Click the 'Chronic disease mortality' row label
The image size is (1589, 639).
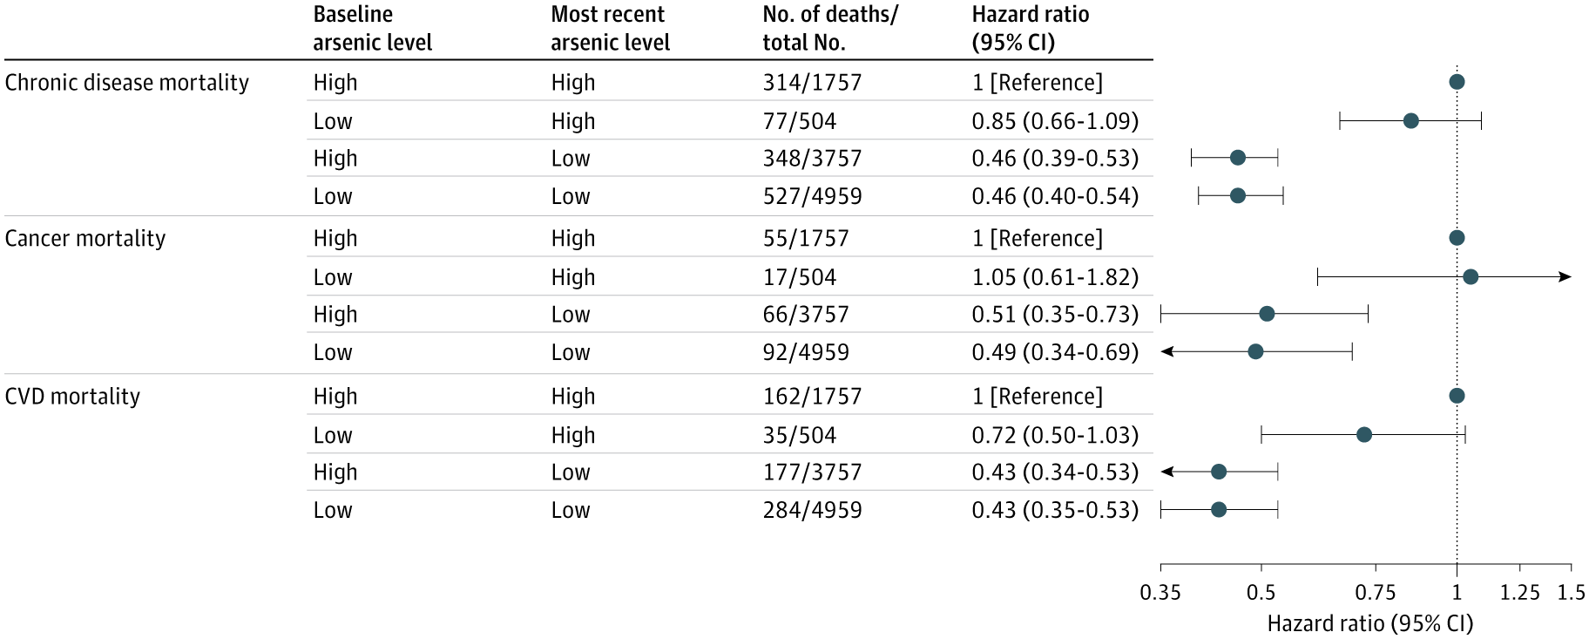click(127, 83)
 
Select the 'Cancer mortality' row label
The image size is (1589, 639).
click(85, 239)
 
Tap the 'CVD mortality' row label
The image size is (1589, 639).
click(72, 397)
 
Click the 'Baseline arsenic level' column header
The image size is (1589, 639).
click(372, 29)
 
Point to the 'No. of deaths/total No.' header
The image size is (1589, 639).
click(829, 29)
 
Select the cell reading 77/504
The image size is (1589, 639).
click(799, 121)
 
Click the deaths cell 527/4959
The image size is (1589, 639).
click(812, 196)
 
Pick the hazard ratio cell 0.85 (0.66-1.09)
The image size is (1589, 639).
click(1055, 121)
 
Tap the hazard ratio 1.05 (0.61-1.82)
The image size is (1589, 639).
click(1055, 277)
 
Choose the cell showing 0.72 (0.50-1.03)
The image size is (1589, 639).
click(1055, 435)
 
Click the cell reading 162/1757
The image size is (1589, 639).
click(812, 397)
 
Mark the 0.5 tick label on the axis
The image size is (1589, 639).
click(1261, 593)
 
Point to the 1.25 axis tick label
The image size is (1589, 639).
click(1519, 593)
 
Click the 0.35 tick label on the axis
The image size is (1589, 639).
click(1160, 593)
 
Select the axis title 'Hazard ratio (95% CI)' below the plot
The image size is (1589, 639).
click(1369, 623)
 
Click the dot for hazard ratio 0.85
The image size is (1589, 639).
click(1410, 121)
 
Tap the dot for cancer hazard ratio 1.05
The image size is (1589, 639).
click(1471, 277)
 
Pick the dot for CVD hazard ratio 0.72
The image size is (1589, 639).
click(1364, 435)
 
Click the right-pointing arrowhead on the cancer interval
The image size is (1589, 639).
click(1565, 277)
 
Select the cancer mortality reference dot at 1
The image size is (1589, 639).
click(1457, 238)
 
